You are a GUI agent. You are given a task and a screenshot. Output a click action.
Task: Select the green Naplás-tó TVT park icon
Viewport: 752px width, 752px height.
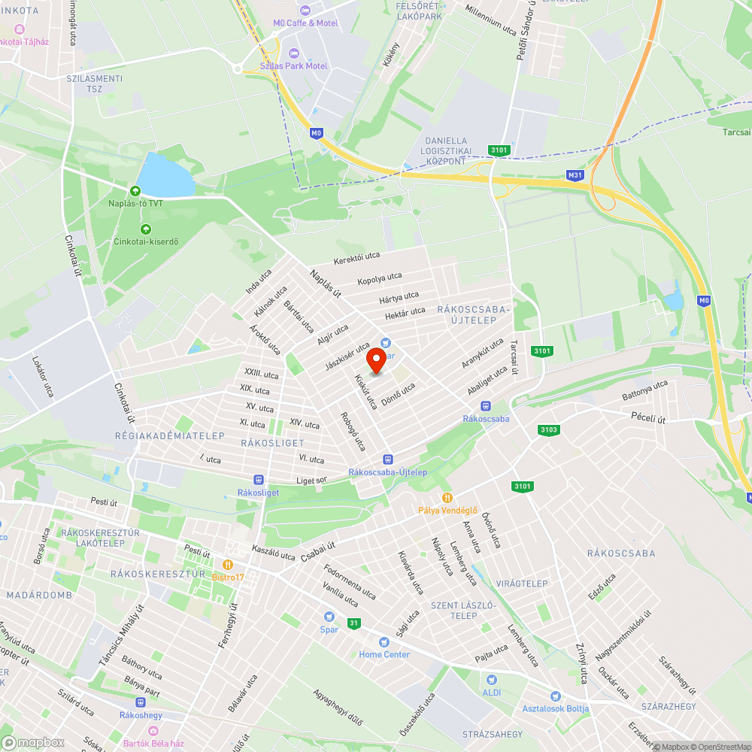coord(135,192)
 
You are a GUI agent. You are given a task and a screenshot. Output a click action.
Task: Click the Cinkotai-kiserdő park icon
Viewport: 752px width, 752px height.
coord(145,229)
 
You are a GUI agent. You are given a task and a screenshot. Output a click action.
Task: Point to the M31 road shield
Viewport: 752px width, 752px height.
coord(575,176)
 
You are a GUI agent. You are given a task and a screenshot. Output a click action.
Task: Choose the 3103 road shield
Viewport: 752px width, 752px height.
coord(549,430)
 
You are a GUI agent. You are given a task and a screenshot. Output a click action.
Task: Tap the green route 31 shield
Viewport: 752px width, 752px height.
coord(353,623)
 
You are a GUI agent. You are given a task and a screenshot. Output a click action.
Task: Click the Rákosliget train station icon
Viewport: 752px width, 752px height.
coord(259,479)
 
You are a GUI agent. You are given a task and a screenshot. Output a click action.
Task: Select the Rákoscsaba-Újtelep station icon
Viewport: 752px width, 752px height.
coord(388,459)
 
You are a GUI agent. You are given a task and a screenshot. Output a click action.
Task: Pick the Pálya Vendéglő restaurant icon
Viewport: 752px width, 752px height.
coord(447,497)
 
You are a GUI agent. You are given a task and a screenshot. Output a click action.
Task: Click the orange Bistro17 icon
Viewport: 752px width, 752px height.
coord(227,564)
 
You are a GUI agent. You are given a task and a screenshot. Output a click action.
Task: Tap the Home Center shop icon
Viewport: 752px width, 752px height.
coord(384,642)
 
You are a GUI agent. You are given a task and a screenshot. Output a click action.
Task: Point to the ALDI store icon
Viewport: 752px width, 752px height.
coord(492,680)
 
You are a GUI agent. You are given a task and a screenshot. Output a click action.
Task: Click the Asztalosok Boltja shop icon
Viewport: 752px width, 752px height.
coord(556,696)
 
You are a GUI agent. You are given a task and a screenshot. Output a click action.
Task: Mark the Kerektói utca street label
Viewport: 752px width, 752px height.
coord(357,257)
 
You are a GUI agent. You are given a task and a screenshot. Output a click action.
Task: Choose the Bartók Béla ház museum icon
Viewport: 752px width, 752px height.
coord(153,730)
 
